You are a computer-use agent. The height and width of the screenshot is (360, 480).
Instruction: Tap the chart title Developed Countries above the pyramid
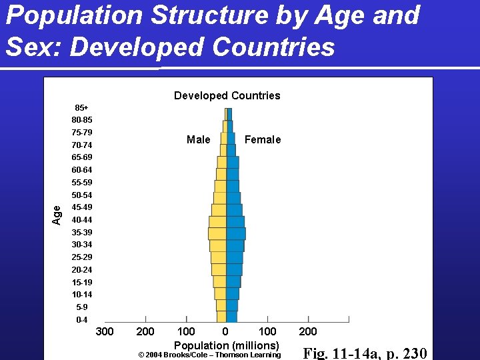coord(227,95)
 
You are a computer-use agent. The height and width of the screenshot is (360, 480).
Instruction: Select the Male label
coord(198,139)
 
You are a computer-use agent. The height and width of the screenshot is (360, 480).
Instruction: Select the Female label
coord(262,139)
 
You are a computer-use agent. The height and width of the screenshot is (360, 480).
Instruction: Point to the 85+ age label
coord(81,107)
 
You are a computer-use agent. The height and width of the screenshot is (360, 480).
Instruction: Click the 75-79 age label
coord(82,132)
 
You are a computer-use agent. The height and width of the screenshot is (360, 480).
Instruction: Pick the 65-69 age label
coord(82,157)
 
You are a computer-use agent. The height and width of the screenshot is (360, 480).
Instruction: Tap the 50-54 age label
coord(82,195)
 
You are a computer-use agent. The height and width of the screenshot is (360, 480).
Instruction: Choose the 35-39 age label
coord(82,233)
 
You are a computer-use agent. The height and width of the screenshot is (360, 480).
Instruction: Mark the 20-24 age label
coord(82,270)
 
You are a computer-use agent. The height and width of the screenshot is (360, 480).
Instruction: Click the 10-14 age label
coord(82,295)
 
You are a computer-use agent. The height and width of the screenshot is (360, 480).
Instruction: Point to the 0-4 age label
coord(81,320)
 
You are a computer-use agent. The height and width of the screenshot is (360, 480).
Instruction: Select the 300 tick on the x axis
coord(105,331)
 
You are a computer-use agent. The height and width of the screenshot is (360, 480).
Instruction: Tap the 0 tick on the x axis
coord(225,331)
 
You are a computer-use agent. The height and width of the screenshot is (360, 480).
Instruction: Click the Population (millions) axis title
coord(226,345)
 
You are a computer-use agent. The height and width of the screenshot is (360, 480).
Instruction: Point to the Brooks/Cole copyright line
coord(209,355)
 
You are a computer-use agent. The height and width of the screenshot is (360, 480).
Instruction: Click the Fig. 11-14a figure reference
coord(365,353)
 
